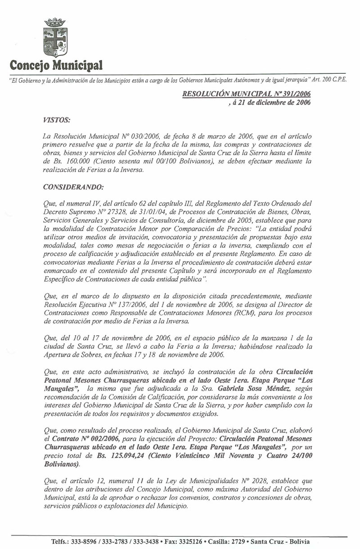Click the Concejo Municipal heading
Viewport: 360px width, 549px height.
(x=56, y=65)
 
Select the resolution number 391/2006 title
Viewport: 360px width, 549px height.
(x=246, y=94)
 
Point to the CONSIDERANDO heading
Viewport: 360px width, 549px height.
(x=67, y=186)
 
